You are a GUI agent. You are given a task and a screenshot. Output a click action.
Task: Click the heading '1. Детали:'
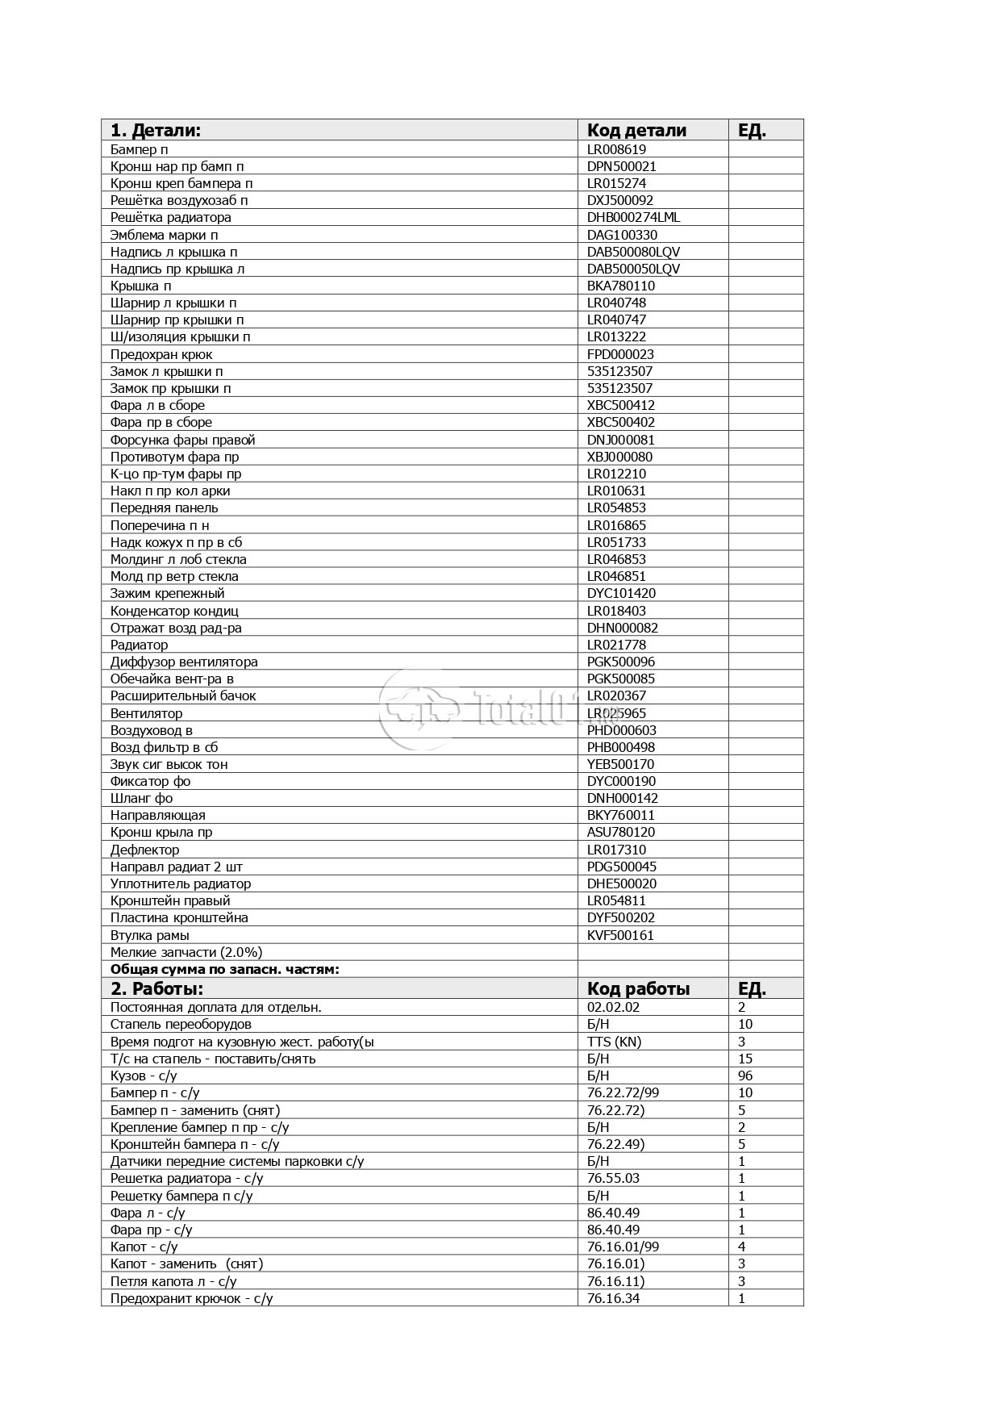click(x=156, y=131)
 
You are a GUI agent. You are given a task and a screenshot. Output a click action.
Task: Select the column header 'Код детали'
click(x=636, y=131)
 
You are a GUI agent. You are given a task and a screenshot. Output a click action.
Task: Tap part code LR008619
click(x=616, y=149)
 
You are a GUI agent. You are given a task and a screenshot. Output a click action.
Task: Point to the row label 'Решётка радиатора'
click(x=171, y=217)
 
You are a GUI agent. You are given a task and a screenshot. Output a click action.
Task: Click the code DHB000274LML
click(x=634, y=217)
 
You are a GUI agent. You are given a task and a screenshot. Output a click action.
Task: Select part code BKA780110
click(x=621, y=286)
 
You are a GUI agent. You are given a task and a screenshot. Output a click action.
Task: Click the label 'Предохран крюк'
click(x=161, y=354)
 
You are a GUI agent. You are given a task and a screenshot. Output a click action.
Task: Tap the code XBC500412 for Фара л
click(x=621, y=405)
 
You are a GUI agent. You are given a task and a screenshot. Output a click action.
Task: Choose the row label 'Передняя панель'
click(x=164, y=508)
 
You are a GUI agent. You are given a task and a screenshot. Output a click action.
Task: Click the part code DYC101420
click(x=621, y=593)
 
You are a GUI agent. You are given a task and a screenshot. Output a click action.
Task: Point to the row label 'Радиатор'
click(x=140, y=645)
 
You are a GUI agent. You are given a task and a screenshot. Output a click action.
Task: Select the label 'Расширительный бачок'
click(x=183, y=695)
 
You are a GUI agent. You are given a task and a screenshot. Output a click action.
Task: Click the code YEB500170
click(x=620, y=764)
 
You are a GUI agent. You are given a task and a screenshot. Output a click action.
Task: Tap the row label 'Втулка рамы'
click(x=150, y=935)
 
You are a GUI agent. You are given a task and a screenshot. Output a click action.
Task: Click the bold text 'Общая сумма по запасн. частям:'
click(x=225, y=969)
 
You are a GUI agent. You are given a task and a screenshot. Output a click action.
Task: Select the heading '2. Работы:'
click(x=156, y=988)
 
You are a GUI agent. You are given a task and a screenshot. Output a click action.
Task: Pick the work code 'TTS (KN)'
click(x=614, y=1042)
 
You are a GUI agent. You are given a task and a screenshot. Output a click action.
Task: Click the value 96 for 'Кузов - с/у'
click(x=745, y=1076)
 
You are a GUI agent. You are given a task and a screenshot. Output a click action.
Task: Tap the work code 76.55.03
click(x=613, y=1178)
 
